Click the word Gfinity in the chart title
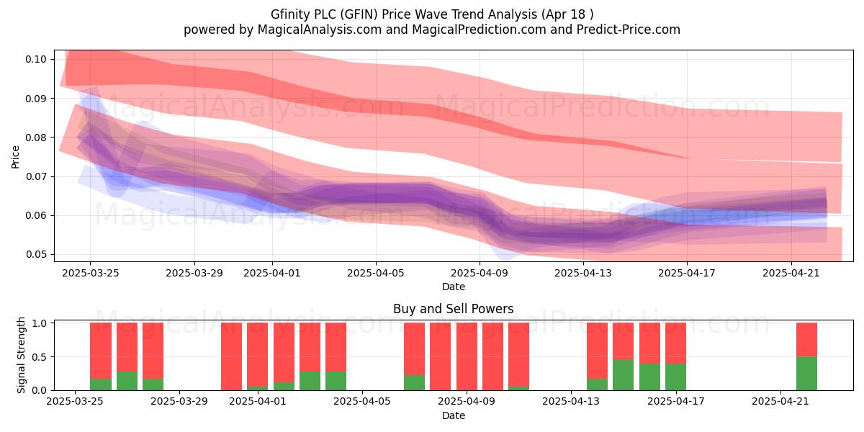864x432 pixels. (x=289, y=14)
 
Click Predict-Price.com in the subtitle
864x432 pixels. (x=629, y=30)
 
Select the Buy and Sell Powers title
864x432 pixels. (x=453, y=309)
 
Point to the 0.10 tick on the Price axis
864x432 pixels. (x=36, y=59)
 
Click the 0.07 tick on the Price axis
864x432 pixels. (x=36, y=176)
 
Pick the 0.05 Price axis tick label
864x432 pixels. (x=36, y=255)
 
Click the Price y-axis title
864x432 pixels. (x=15, y=157)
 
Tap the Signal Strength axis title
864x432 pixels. (x=21, y=355)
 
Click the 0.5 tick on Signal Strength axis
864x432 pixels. (x=40, y=357)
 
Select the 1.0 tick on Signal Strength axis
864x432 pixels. (x=40, y=323)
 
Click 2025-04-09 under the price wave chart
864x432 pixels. (x=480, y=273)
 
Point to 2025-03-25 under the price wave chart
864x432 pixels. (x=90, y=273)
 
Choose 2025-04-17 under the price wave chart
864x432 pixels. (x=687, y=273)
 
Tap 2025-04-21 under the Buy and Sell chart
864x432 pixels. (x=780, y=401)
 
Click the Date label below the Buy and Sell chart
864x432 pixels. (x=453, y=415)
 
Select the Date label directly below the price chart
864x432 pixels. (x=453, y=287)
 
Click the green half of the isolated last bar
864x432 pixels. (x=806, y=374)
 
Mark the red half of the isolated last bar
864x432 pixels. (x=806, y=340)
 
